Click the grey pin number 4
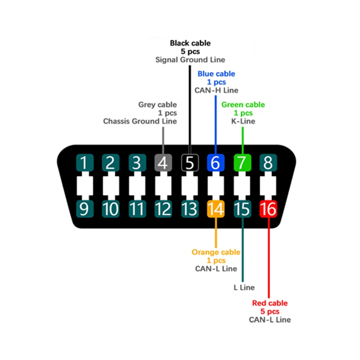point(163,163)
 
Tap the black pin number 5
point(189,163)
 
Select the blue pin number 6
point(216,163)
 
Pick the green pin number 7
point(242,163)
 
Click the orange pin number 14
point(216,209)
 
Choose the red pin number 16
point(269,209)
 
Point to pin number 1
point(84,163)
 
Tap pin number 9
point(84,209)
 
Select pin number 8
point(269,163)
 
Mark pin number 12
point(163,209)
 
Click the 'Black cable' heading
point(190,43)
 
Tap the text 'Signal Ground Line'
point(190,60)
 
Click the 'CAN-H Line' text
point(216,90)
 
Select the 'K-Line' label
point(243,121)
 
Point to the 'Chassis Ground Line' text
point(140,121)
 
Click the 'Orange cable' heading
point(216,252)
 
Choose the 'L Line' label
point(244,287)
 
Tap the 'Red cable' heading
point(270,303)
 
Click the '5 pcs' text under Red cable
point(270,311)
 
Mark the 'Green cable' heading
point(243,105)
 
